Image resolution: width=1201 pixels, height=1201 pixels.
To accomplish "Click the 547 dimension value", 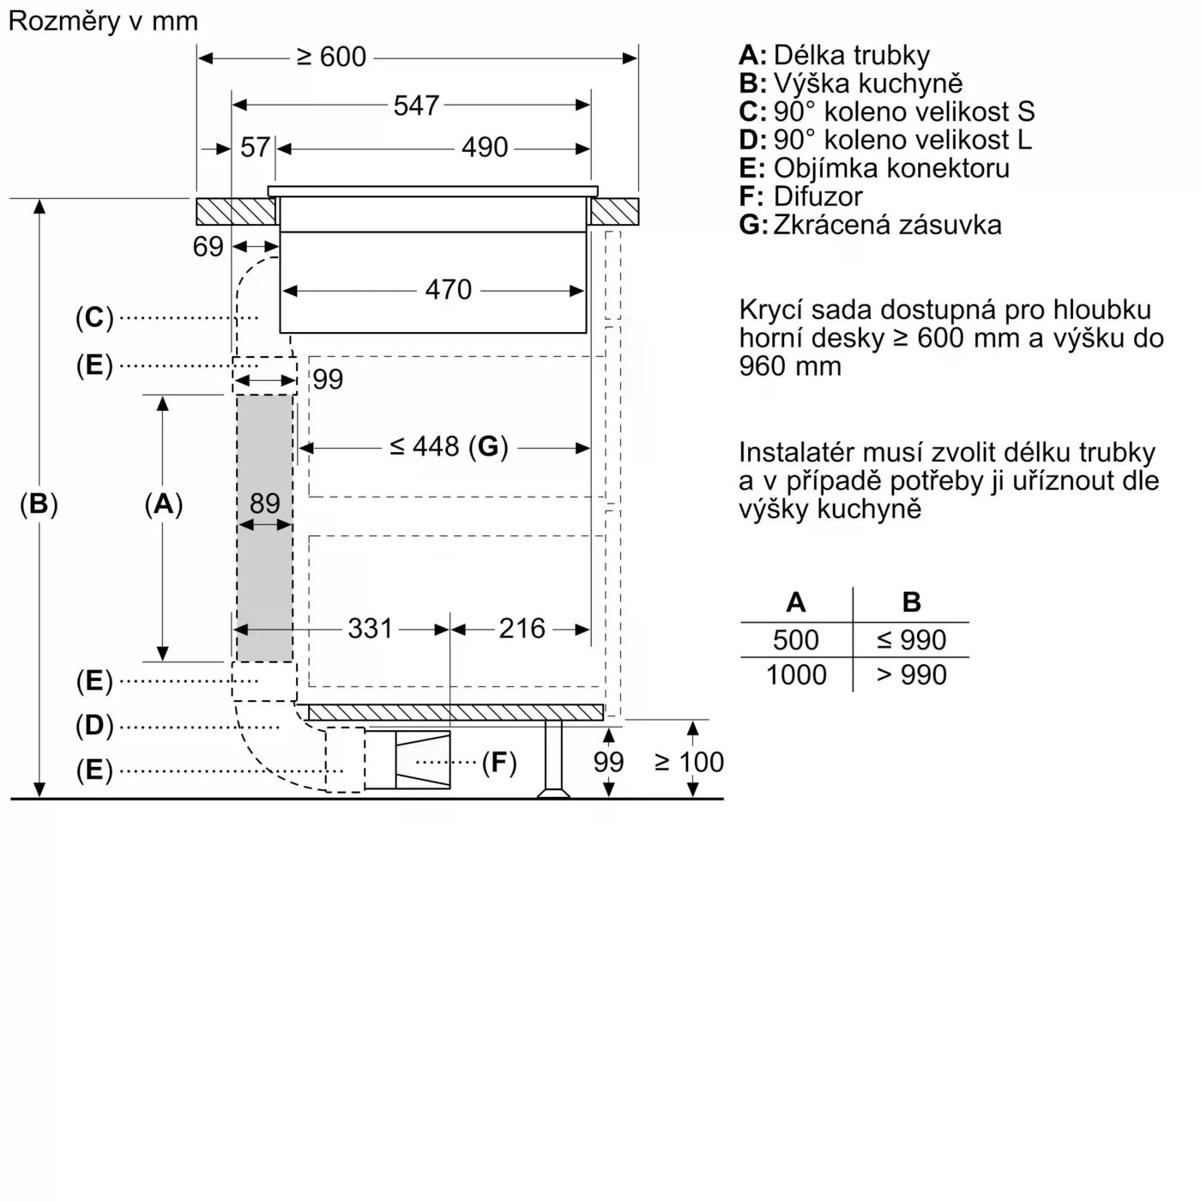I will pyautogui.click(x=416, y=106).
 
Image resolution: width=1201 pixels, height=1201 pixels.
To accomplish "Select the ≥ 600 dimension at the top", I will pyautogui.click(x=331, y=57).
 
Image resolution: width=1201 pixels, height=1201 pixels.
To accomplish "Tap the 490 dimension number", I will pyautogui.click(x=485, y=148).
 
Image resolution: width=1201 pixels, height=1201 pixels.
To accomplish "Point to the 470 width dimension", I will pyautogui.click(x=448, y=290).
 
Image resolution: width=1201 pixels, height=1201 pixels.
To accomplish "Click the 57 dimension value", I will pyautogui.click(x=255, y=148).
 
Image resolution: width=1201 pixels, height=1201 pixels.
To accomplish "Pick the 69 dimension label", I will pyautogui.click(x=208, y=247).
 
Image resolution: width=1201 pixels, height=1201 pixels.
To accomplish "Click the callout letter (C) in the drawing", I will pyautogui.click(x=94, y=317).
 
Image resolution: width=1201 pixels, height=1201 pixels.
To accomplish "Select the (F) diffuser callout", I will pyautogui.click(x=498, y=762).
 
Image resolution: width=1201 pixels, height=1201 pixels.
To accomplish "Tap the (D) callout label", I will pyautogui.click(x=94, y=726).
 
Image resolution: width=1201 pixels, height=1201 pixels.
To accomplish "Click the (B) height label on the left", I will pyautogui.click(x=39, y=504).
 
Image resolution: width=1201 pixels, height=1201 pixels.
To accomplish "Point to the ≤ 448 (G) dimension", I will pyautogui.click(x=449, y=447).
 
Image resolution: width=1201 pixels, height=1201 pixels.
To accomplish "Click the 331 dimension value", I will pyautogui.click(x=370, y=629).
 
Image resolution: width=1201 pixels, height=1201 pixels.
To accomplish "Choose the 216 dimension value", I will pyautogui.click(x=522, y=629).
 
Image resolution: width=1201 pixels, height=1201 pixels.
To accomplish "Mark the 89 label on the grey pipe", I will pyautogui.click(x=265, y=504).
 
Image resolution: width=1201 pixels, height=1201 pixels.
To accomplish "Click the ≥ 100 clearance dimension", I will pyautogui.click(x=689, y=762).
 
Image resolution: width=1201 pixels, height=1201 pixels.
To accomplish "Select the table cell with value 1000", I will pyautogui.click(x=796, y=675).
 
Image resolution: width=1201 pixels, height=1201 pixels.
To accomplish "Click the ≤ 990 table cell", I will pyautogui.click(x=911, y=640).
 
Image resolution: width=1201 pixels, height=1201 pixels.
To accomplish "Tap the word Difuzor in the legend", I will pyautogui.click(x=818, y=196).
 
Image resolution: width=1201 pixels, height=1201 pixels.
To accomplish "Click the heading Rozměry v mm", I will pyautogui.click(x=103, y=21).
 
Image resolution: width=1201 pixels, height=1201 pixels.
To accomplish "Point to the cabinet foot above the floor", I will pyautogui.click(x=553, y=758).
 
